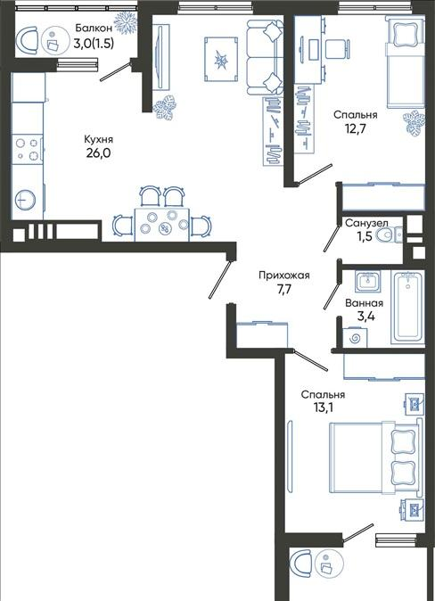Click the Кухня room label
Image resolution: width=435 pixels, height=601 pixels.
click(x=99, y=139)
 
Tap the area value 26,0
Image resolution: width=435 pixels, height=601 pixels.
click(x=99, y=153)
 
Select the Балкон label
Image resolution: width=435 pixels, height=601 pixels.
click(x=94, y=28)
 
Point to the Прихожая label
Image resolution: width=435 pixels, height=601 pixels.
click(x=284, y=275)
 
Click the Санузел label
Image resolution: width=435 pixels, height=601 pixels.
click(x=366, y=223)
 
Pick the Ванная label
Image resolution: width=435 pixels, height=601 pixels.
click(x=364, y=303)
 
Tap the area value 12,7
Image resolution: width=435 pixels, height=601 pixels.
click(x=356, y=128)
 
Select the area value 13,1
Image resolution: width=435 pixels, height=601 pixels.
click(x=323, y=408)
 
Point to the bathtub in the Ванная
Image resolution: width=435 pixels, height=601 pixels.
click(x=407, y=307)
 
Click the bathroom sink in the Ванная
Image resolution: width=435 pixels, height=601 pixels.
click(x=367, y=282)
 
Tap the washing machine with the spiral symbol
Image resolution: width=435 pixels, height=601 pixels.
click(x=355, y=338)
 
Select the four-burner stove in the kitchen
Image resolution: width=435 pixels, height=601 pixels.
click(x=28, y=150)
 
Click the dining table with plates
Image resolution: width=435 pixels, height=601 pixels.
click(x=162, y=225)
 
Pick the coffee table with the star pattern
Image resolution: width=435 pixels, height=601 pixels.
click(x=221, y=60)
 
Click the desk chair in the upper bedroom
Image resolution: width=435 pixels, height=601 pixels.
click(x=338, y=49)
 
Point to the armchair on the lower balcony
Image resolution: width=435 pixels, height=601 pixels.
click(x=301, y=563)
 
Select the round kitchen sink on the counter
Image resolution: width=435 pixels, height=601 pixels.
click(x=25, y=200)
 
